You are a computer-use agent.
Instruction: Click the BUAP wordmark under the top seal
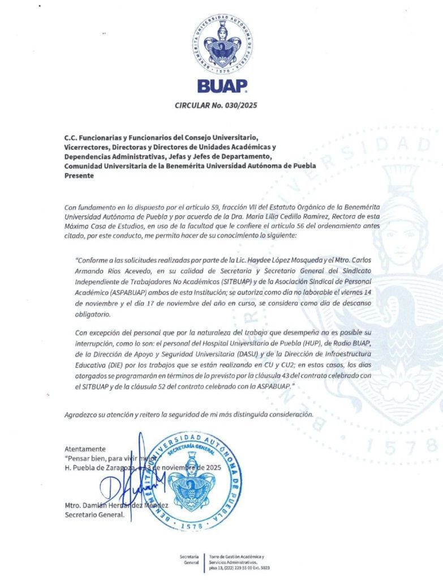[222, 86]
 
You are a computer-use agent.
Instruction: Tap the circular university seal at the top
[222, 43]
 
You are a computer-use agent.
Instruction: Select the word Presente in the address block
[79, 176]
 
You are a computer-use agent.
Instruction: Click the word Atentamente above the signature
[85, 449]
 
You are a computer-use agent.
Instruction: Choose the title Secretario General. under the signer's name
[94, 514]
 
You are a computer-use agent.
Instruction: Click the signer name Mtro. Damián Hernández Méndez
[116, 505]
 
